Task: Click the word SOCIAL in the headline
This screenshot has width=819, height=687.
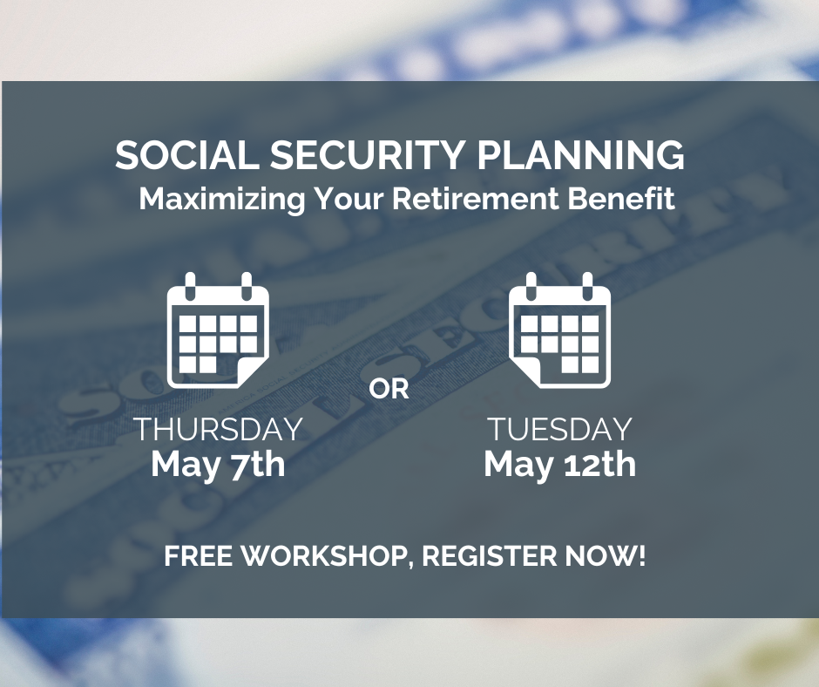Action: [x=187, y=155]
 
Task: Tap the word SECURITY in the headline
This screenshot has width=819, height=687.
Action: [x=367, y=155]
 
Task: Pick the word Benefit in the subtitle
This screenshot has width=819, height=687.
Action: [x=621, y=199]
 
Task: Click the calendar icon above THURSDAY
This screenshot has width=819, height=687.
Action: [x=218, y=330]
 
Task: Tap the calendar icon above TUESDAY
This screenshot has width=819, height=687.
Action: [x=560, y=330]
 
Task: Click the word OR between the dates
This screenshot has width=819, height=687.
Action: [x=389, y=390]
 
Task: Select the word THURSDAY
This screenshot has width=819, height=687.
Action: [x=220, y=429]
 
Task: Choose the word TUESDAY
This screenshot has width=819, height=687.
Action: [x=560, y=429]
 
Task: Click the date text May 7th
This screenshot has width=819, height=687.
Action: [x=219, y=465]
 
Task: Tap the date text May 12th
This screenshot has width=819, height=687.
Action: [x=560, y=465]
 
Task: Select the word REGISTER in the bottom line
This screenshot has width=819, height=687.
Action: [x=490, y=555]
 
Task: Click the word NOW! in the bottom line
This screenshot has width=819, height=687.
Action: [x=606, y=555]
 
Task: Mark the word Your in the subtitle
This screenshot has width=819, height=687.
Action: [x=349, y=199]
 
